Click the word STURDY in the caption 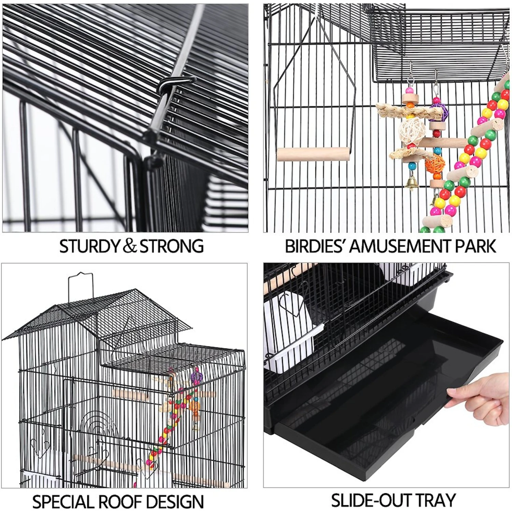[89, 246]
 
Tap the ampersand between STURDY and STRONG [129, 246]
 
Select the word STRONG [172, 246]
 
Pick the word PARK [475, 246]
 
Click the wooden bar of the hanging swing [313, 154]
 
